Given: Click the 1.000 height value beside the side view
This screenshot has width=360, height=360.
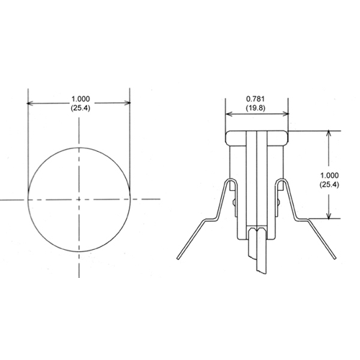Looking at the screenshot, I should coord(328,175).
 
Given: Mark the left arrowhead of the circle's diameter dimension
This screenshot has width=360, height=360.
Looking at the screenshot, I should coord(31,103).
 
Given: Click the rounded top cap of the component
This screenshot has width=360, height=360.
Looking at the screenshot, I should coord(258,135).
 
